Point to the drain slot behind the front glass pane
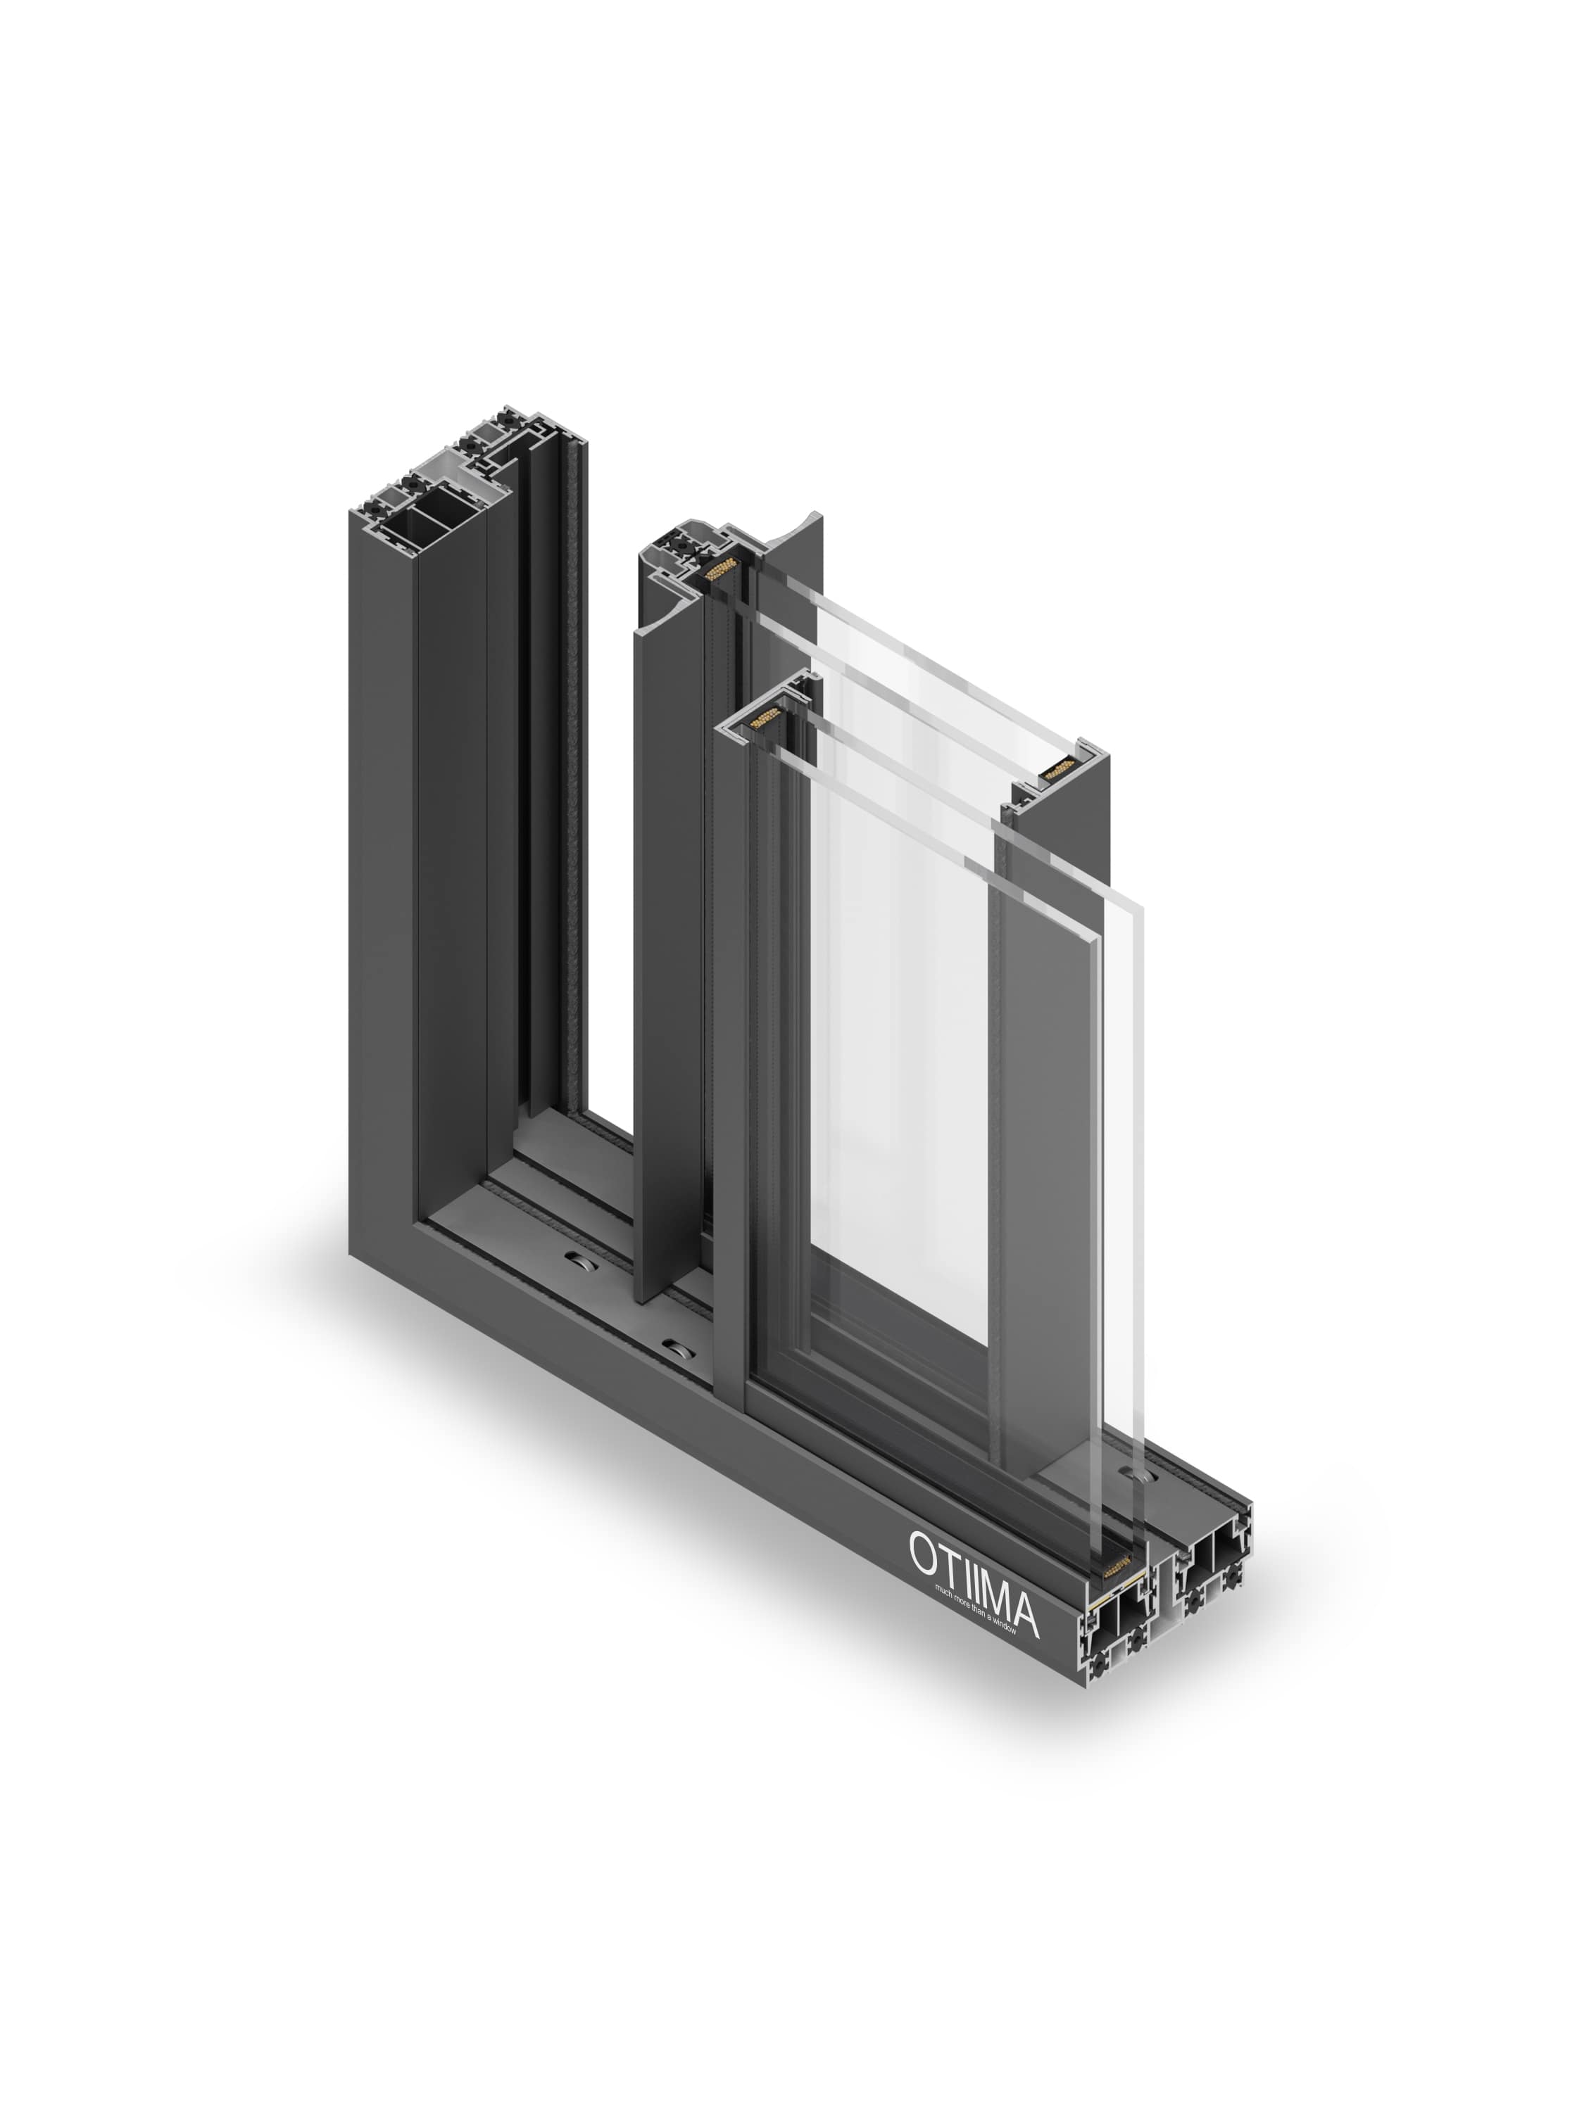(1142, 1476)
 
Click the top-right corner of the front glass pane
(1142, 908)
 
